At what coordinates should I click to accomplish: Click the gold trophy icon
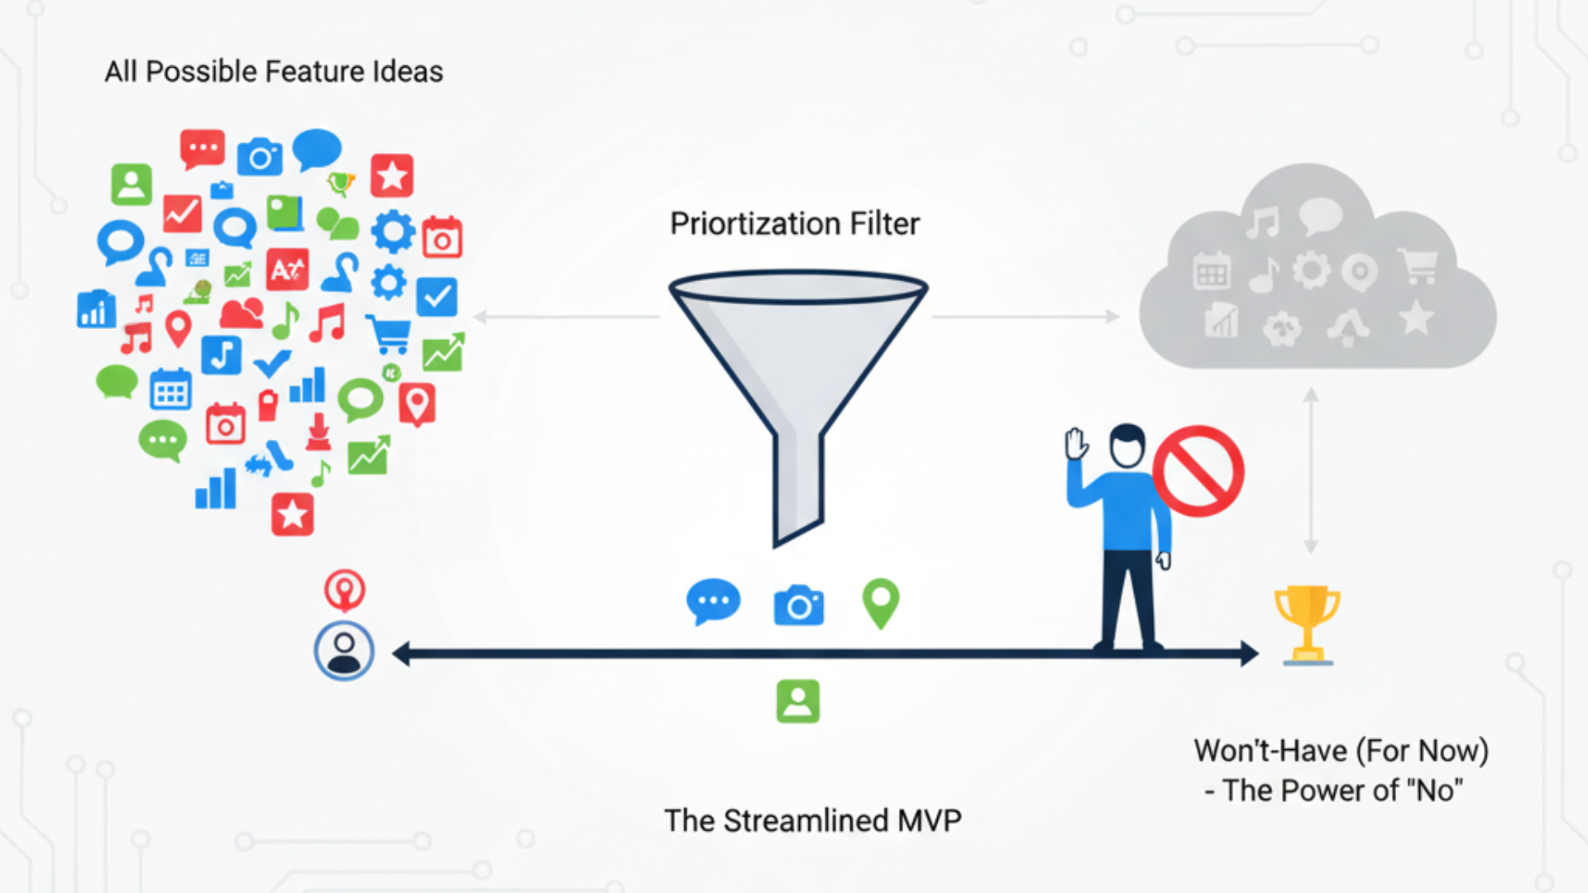click(x=1307, y=624)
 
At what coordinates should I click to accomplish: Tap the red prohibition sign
click(x=1198, y=471)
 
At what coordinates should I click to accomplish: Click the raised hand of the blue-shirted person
click(x=1076, y=444)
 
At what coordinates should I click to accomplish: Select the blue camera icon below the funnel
click(x=798, y=605)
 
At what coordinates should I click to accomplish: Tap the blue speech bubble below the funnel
click(x=713, y=601)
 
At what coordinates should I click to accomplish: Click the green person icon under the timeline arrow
click(x=798, y=701)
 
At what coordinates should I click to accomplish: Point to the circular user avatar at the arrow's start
click(x=344, y=651)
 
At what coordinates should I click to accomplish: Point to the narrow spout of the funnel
click(x=798, y=488)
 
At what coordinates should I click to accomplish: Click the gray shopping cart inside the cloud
click(x=1418, y=266)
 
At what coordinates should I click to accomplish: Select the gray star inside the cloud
click(x=1416, y=318)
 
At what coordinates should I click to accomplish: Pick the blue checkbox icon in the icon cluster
click(x=437, y=297)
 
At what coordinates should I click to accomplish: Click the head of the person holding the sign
click(x=1126, y=446)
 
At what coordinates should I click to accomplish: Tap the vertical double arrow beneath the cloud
click(x=1311, y=470)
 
